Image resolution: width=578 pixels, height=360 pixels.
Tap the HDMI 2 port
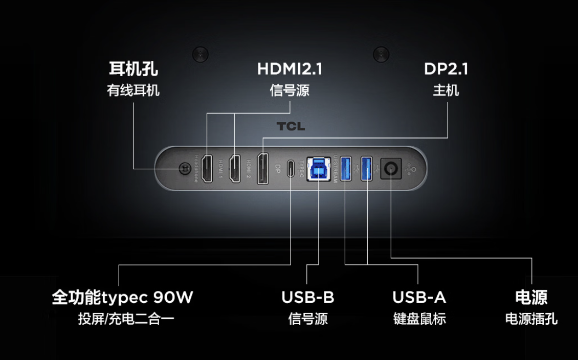pos(235,169)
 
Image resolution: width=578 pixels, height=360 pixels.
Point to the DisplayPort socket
pos(263,169)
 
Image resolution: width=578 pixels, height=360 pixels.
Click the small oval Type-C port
pos(291,169)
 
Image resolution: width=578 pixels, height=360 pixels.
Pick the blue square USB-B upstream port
pos(318,168)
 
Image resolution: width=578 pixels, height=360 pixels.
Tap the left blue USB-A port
pos(346,168)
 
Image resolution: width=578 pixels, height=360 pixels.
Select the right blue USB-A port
pos(367,168)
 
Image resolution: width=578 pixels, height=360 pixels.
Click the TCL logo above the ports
pos(291,126)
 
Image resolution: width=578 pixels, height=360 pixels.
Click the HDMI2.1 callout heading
pos(290,69)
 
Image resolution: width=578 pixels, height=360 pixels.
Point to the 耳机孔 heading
pos(133,69)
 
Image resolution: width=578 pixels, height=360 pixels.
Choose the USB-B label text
pos(307,297)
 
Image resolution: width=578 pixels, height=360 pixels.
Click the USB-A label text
pos(419,297)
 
